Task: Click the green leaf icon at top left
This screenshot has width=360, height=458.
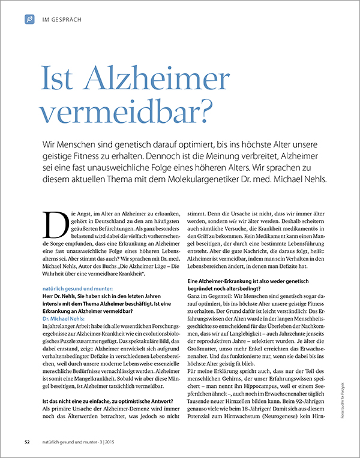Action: [29, 20]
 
